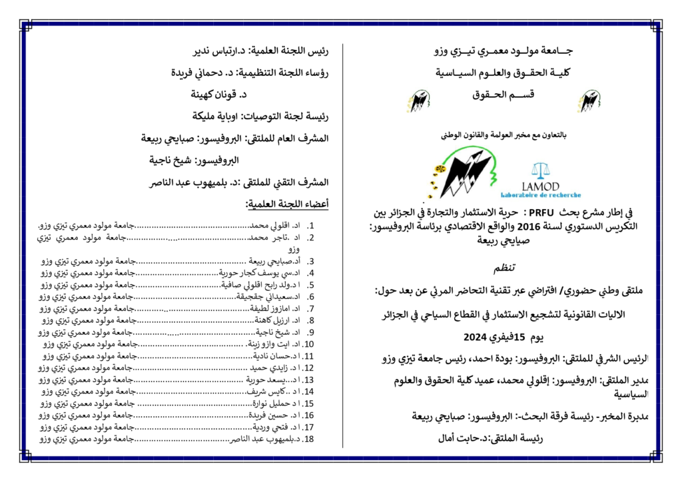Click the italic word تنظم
[504, 269]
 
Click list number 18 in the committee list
[309, 439]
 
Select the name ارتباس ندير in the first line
[210, 50]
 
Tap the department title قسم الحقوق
[503, 96]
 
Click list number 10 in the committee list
[309, 344]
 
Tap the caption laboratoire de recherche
[549, 195]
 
